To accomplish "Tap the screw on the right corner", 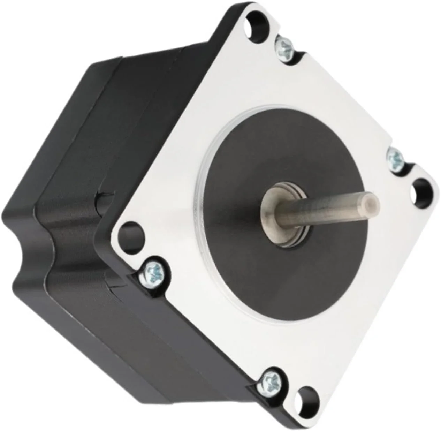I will coord(396,158).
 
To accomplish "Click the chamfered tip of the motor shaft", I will coord(373,201).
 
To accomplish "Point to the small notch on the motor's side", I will coord(101,199).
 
